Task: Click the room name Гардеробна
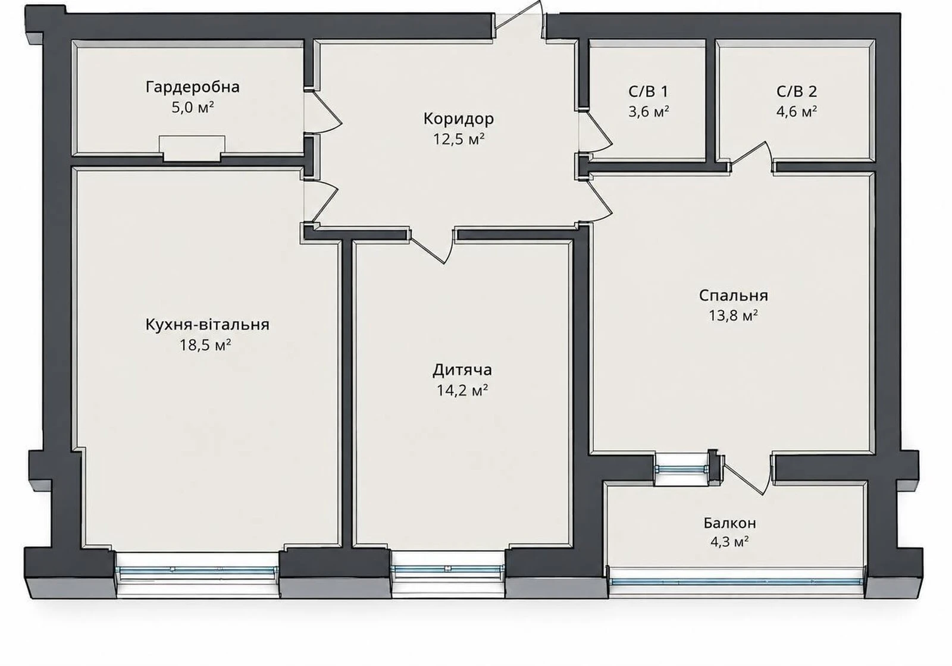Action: (193, 87)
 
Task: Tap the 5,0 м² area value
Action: (193, 108)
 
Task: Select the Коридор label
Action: (459, 119)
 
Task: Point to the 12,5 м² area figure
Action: (459, 139)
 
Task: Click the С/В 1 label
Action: (648, 92)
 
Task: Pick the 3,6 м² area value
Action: (649, 112)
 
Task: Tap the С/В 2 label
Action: (797, 92)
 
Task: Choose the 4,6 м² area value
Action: (797, 112)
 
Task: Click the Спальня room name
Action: (734, 296)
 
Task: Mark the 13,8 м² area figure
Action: (734, 316)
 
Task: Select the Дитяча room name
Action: (462, 370)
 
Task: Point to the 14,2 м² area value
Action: (462, 390)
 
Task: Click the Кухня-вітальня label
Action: (208, 325)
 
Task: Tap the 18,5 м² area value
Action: (205, 345)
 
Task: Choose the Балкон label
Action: (729, 523)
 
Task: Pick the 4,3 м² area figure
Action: (729, 542)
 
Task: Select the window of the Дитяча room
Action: (448, 571)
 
